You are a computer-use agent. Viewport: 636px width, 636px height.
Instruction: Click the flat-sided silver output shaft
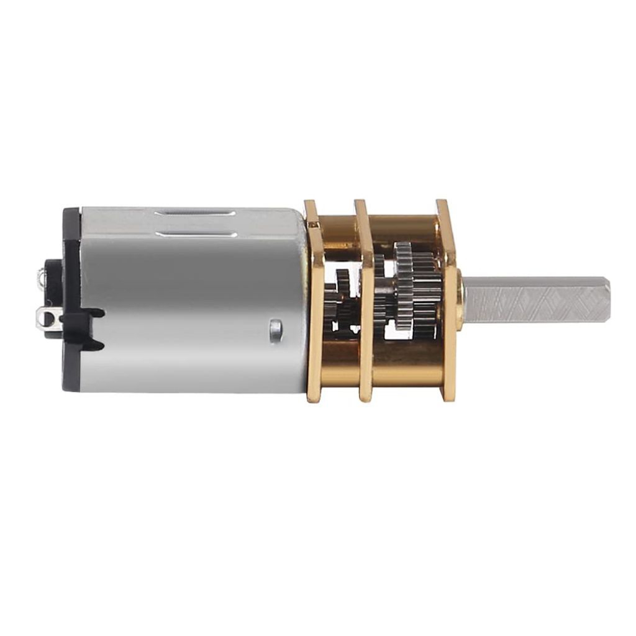point(534,299)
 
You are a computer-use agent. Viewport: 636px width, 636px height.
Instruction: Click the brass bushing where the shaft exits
point(460,299)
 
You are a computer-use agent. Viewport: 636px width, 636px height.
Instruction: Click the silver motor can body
point(193,298)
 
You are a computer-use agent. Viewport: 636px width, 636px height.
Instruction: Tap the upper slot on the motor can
point(195,213)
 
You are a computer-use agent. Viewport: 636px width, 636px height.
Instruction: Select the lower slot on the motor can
point(195,234)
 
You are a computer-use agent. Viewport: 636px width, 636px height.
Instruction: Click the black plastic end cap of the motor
point(71,298)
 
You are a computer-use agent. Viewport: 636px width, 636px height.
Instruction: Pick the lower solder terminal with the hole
point(47,320)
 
